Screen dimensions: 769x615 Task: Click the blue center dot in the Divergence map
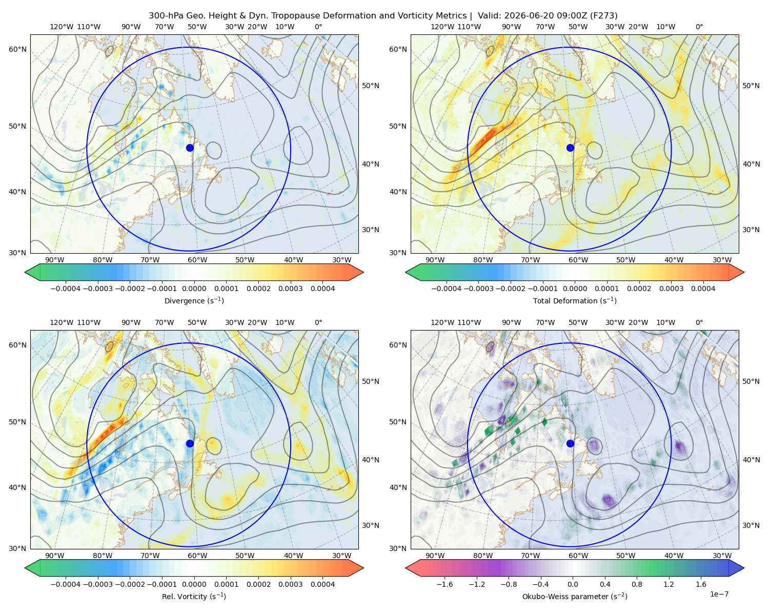coord(190,148)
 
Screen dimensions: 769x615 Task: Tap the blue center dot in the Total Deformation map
coord(570,148)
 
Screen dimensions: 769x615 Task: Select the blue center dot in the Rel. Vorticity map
coord(190,443)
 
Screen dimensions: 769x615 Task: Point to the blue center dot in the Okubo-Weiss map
coord(570,443)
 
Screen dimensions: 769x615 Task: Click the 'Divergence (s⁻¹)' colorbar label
coord(194,301)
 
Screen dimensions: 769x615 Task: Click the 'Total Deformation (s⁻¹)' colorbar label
coord(575,301)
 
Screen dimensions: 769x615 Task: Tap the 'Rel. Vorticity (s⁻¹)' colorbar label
coord(194,597)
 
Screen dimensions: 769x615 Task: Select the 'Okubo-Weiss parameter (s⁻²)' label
coord(575,597)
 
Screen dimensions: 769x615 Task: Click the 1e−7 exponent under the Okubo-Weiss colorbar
coord(719,594)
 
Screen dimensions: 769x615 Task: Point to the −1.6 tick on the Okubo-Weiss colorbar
coord(444,584)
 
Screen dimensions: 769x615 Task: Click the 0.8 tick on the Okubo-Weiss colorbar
coord(637,584)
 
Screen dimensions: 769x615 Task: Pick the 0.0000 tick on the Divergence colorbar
coord(194,289)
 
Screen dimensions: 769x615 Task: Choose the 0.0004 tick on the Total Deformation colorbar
coord(703,289)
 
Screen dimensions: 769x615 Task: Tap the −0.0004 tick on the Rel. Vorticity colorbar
coord(66,584)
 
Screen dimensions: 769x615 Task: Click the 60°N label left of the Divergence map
coord(17,49)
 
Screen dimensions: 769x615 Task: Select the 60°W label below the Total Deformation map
coord(578,260)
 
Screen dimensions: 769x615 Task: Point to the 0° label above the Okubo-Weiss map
coord(699,322)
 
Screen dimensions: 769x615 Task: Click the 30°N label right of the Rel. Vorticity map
coord(371,525)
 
